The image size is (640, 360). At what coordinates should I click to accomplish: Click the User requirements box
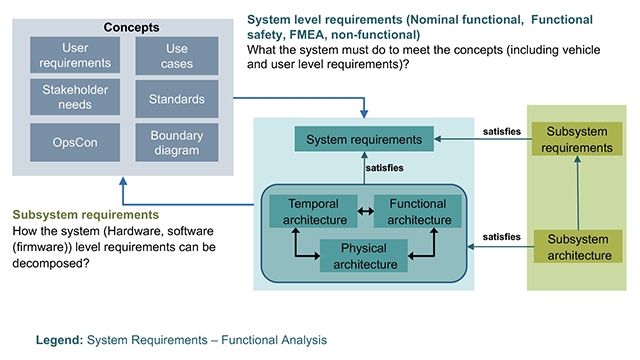(67, 56)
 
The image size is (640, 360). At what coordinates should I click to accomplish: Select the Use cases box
(177, 56)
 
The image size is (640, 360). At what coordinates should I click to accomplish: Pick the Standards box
(177, 99)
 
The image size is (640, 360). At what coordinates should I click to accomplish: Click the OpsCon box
(67, 143)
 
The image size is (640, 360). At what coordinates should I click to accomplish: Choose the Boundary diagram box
(177, 143)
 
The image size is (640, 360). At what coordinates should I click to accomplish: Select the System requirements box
(364, 139)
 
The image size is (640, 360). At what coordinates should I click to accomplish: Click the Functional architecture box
(417, 212)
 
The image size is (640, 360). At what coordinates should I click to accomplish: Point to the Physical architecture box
(363, 257)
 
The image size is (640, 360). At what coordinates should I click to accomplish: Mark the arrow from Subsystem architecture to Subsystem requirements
(574, 193)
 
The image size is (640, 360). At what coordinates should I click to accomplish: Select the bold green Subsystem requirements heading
(86, 214)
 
